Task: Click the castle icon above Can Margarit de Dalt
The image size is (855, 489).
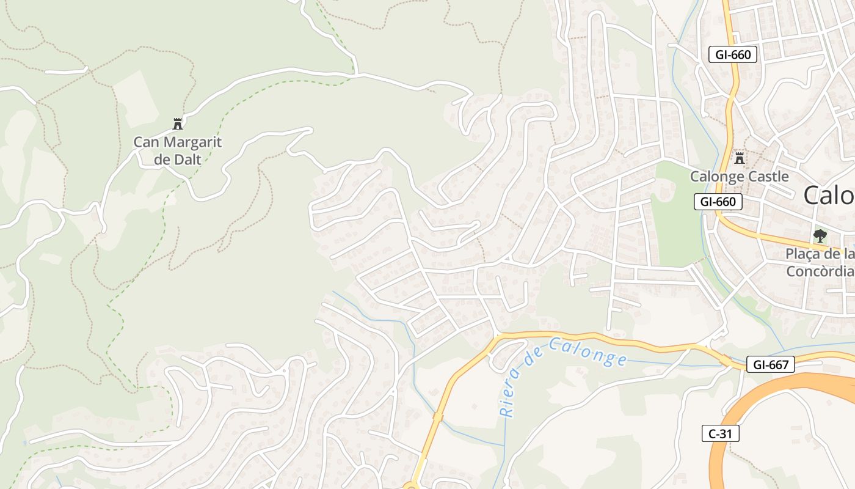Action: [x=178, y=124]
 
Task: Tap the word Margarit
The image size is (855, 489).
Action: [x=189, y=143]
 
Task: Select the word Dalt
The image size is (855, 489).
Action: [x=186, y=160]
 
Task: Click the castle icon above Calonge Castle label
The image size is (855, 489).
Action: [x=740, y=158]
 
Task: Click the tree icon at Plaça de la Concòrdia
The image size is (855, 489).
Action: [x=820, y=235]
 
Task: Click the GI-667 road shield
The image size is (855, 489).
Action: [x=770, y=365]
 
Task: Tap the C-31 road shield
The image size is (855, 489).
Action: [x=720, y=434]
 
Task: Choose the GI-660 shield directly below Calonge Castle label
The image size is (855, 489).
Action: [x=718, y=202]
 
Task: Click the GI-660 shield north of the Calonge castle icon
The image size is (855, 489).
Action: [x=733, y=54]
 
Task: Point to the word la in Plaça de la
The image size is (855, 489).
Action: [x=848, y=254]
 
